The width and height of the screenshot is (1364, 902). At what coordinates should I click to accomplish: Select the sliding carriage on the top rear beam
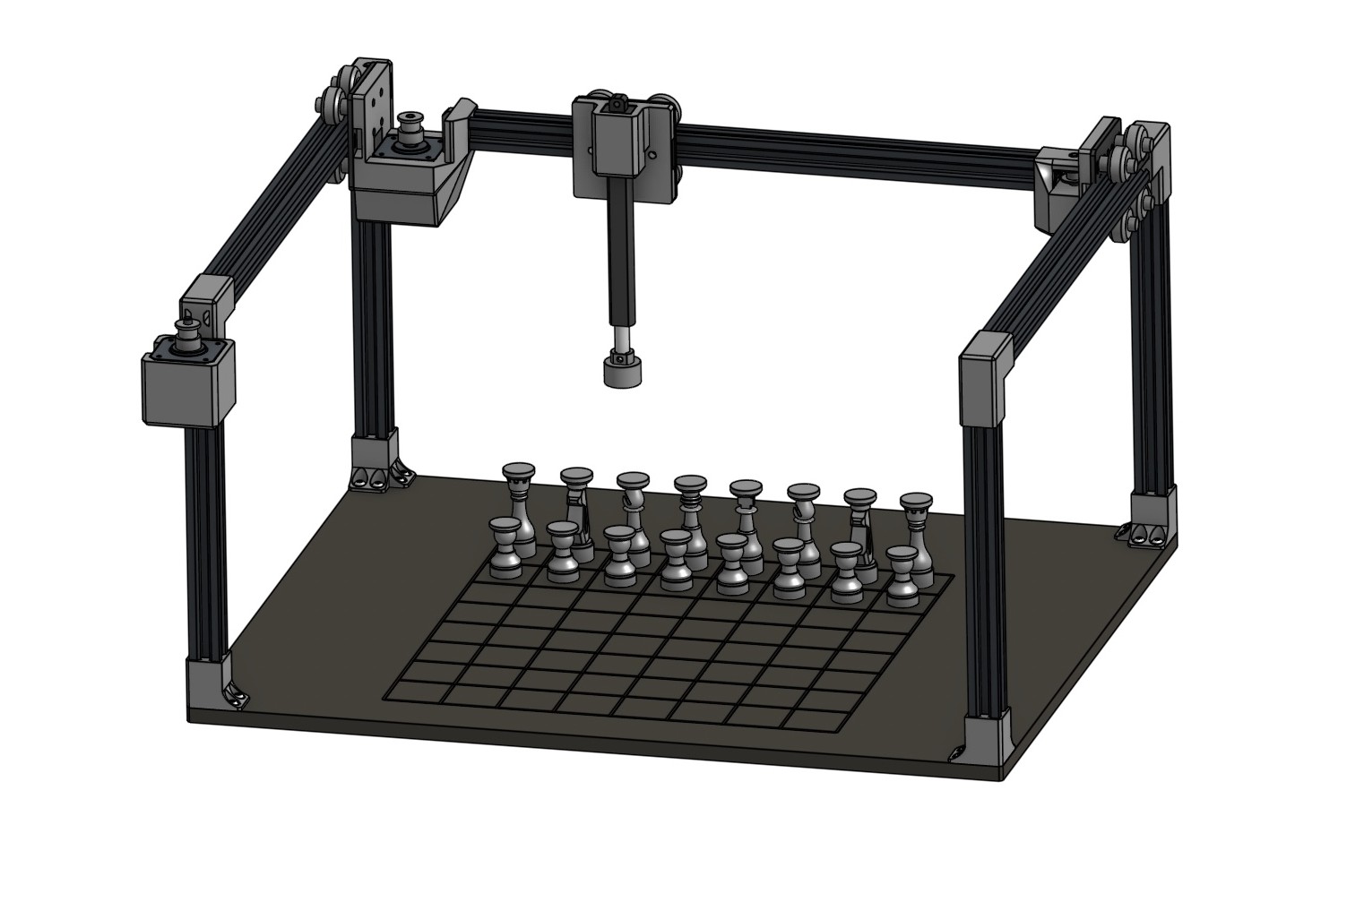tap(625, 148)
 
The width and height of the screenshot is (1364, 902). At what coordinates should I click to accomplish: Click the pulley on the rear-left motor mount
tap(412, 124)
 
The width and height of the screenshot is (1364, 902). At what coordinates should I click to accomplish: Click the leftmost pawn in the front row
tap(507, 546)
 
